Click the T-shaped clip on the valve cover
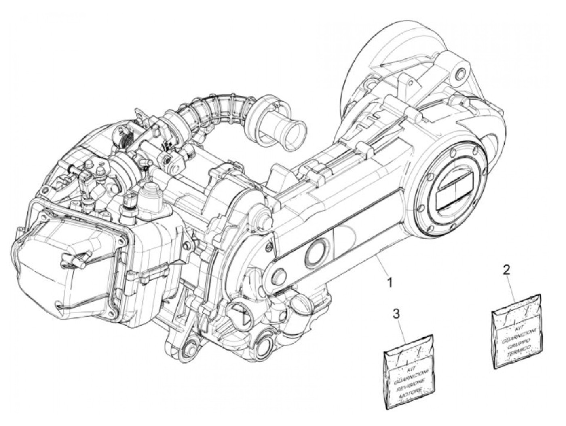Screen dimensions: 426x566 77,256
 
